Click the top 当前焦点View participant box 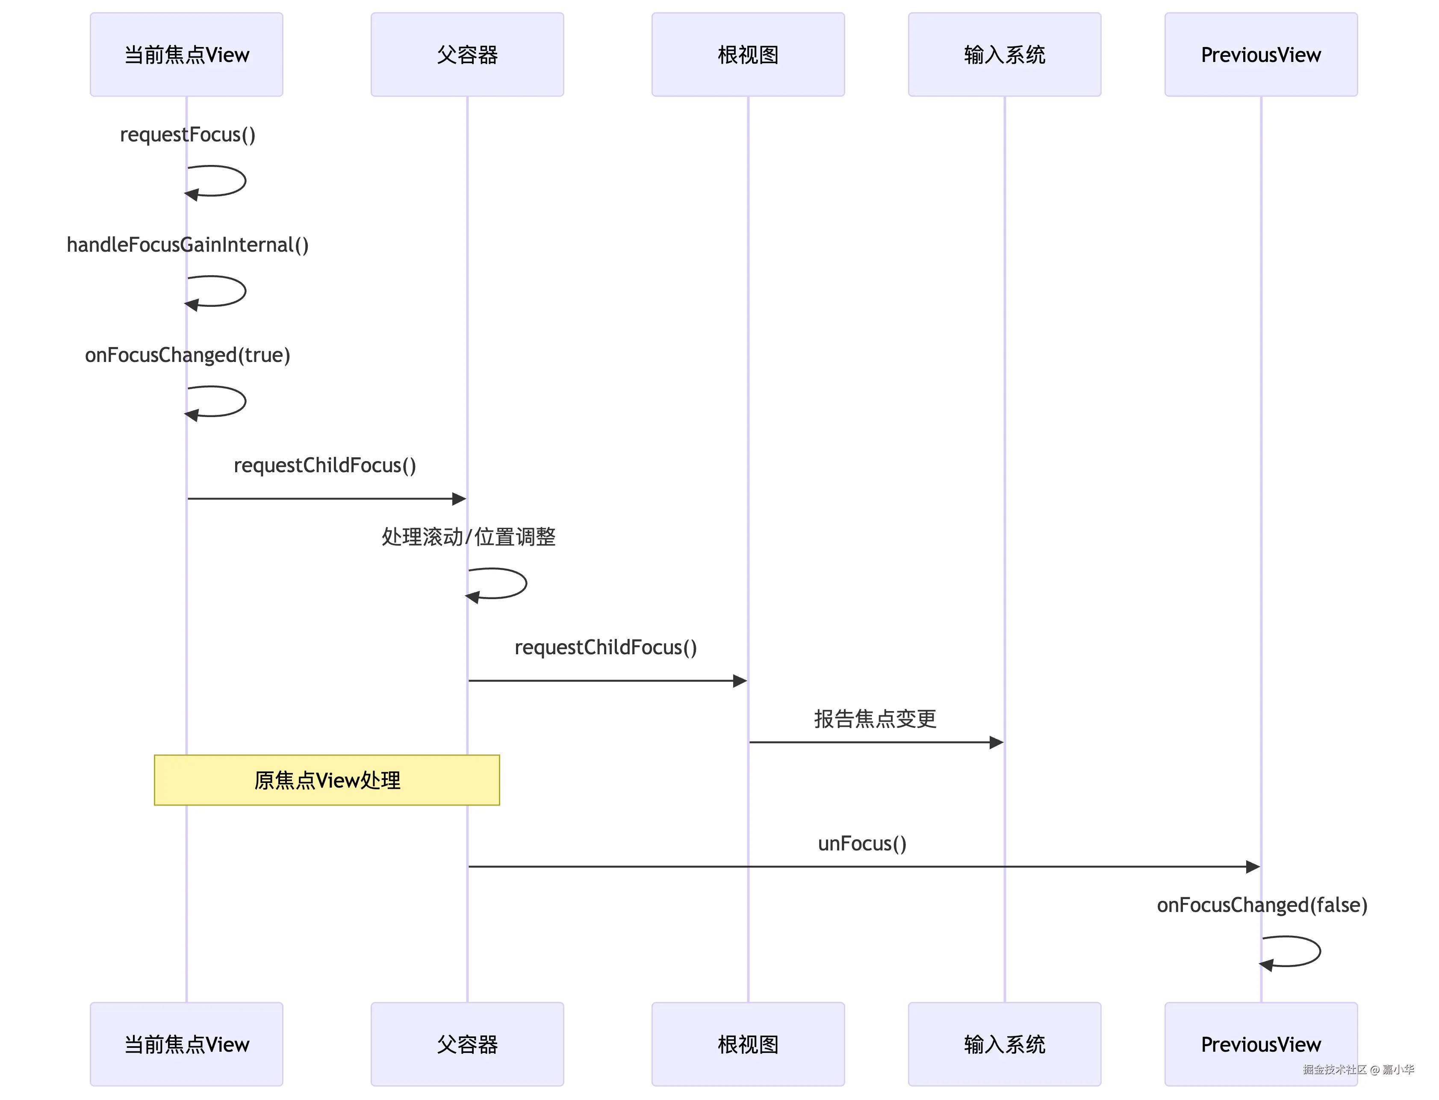tap(187, 54)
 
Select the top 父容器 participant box tap(467, 54)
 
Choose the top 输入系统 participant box tap(1004, 54)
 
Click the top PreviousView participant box tap(1261, 54)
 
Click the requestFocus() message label tap(187, 134)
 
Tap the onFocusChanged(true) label tap(187, 355)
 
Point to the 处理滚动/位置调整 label tap(468, 537)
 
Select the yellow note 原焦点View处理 tap(327, 780)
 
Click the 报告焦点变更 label tap(875, 719)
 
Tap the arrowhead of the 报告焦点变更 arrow tap(996, 742)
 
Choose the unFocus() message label tap(862, 843)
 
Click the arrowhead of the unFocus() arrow tap(1252, 867)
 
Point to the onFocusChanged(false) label tap(1262, 905)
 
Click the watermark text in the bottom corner tap(1358, 1069)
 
